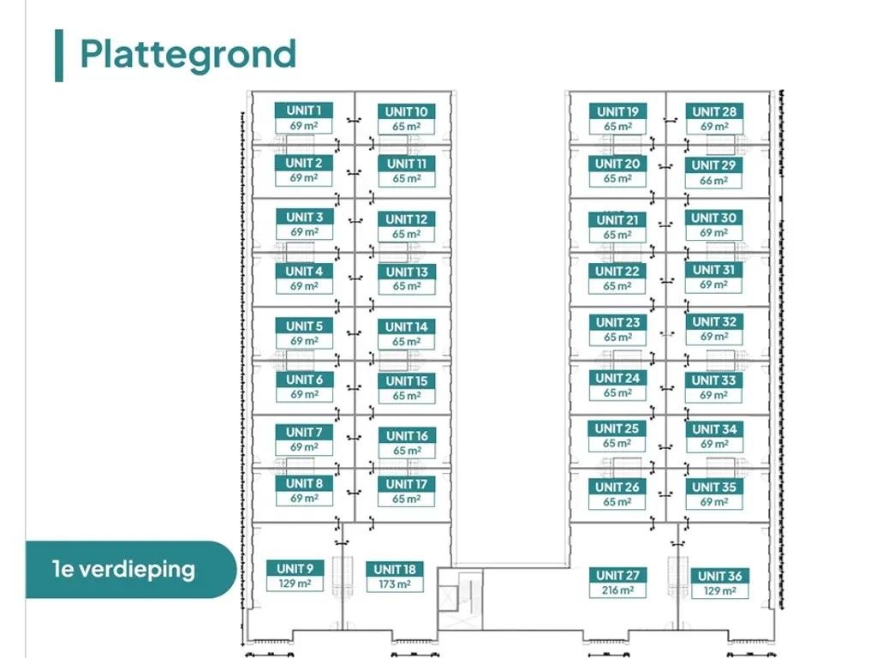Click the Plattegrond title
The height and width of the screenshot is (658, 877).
[188, 55]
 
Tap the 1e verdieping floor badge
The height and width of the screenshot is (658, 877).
[131, 569]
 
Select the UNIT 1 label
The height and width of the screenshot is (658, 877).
[304, 111]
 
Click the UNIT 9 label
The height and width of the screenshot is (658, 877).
[295, 569]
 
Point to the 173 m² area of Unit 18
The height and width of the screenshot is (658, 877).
[395, 584]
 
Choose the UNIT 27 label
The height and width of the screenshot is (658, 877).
[617, 575]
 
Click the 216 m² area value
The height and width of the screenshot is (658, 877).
[617, 590]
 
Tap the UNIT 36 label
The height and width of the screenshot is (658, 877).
[719, 576]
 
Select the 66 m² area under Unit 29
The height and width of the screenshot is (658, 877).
[713, 181]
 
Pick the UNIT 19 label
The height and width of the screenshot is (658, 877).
[617, 111]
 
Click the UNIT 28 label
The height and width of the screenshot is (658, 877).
[714, 111]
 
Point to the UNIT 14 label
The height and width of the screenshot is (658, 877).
[407, 326]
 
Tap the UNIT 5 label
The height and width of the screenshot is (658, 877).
[304, 326]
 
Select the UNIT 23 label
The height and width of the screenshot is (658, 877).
[617, 322]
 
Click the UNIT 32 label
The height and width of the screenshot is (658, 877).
[714, 322]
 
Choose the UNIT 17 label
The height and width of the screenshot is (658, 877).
[407, 484]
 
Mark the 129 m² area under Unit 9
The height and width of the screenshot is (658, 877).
[295, 583]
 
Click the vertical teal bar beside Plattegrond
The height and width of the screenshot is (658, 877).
[59, 56]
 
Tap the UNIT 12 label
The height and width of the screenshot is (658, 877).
[407, 219]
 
